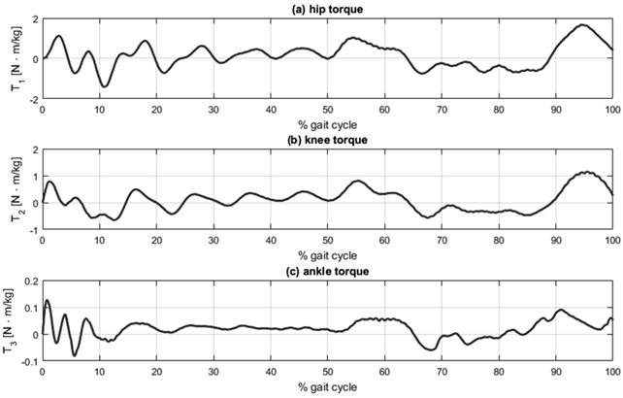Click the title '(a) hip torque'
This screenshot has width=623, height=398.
pos(327,9)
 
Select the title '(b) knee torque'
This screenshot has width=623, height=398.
pos(327,140)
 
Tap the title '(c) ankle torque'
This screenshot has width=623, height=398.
pos(327,271)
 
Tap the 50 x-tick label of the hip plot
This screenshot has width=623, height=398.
pos(328,110)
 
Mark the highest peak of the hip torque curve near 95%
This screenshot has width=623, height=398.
pos(582,25)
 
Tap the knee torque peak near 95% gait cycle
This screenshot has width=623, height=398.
pos(585,172)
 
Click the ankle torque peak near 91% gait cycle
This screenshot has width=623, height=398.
pos(561,310)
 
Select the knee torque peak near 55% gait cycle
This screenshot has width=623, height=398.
pos(357,181)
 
